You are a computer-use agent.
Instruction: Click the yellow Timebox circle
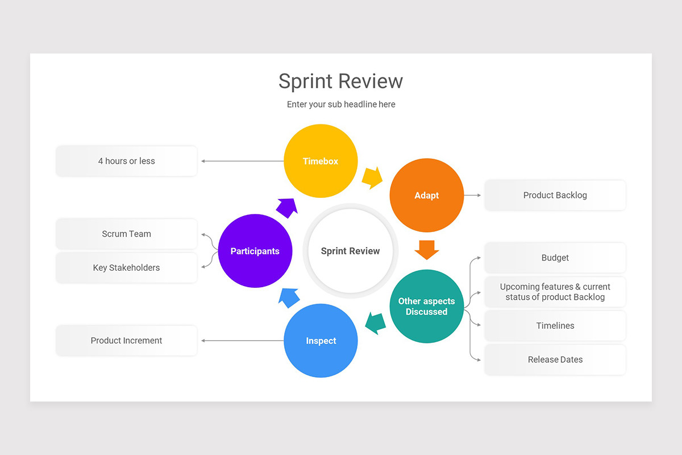coord(321,161)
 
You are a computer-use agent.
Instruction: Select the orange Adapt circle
coord(426,195)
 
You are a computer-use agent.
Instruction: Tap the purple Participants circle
coord(255,251)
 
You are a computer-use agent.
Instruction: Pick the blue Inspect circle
coord(321,341)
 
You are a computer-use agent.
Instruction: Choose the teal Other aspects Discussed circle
coord(426,306)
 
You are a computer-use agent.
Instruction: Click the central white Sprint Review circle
coord(350,251)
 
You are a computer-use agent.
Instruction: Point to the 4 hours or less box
coord(126,161)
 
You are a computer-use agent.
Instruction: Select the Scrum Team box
coord(126,234)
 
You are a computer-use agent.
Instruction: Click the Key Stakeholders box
coord(126,267)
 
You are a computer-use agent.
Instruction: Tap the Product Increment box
coord(126,341)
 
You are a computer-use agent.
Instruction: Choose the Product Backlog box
coord(555,195)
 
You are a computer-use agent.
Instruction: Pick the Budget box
coord(555,258)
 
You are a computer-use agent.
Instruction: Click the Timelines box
coord(555,326)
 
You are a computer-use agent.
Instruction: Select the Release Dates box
coord(555,359)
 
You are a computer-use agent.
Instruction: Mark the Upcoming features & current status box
coord(555,292)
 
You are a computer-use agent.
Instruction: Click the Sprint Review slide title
coord(340,81)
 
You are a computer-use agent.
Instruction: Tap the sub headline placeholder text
coord(340,105)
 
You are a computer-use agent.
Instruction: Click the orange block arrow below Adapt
coord(426,249)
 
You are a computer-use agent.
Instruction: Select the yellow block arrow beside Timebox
coord(372,178)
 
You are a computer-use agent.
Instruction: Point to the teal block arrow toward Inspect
coord(375,323)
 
